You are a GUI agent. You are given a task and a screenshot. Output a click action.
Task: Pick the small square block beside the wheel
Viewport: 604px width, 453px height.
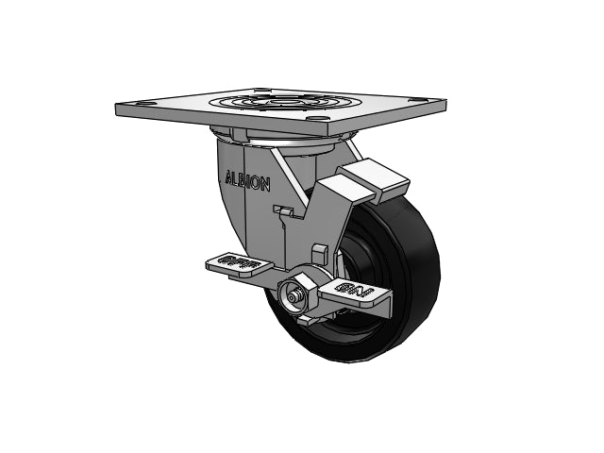(319, 252)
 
